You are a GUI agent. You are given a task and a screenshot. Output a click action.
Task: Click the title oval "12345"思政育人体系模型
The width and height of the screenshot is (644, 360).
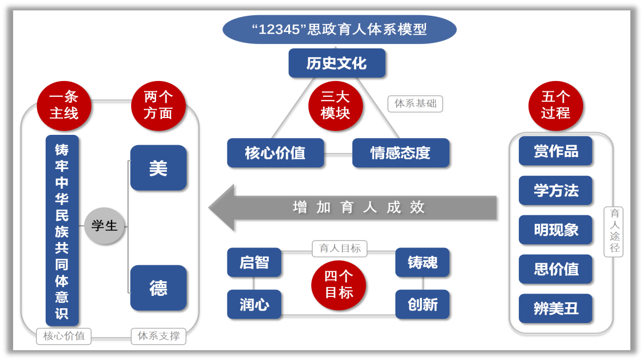click(339, 29)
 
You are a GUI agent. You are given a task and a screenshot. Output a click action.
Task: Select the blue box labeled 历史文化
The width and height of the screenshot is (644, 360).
click(337, 63)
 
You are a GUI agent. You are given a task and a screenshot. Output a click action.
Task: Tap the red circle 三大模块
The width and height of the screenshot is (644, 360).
click(335, 105)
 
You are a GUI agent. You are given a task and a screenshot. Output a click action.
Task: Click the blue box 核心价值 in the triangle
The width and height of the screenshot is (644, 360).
click(275, 153)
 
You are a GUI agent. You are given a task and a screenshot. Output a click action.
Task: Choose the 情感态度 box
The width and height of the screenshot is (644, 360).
click(400, 153)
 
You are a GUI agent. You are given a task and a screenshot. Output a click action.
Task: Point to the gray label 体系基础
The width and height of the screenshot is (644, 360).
click(415, 103)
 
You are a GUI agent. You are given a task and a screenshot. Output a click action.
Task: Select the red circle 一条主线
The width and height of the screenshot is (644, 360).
click(64, 105)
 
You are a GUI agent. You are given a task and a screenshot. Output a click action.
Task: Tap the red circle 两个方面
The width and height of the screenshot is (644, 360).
click(158, 105)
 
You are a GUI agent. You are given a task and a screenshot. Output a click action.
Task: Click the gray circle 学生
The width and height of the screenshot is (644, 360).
click(104, 225)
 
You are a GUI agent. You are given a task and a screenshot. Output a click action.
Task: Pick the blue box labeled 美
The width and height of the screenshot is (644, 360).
click(158, 168)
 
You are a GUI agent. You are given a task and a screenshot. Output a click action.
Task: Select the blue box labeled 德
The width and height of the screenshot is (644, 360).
click(158, 288)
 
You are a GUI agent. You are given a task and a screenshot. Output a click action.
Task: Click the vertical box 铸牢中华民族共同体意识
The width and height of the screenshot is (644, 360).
click(62, 230)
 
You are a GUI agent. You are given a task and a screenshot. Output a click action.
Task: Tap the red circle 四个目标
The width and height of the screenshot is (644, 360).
click(338, 284)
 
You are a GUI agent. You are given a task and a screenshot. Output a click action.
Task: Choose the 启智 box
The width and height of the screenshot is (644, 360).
click(254, 262)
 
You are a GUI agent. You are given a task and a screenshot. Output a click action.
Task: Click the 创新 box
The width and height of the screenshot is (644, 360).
click(422, 304)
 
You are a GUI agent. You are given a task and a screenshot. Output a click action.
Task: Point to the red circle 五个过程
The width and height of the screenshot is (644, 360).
click(555, 105)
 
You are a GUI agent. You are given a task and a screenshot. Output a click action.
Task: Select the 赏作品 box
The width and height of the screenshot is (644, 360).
click(555, 151)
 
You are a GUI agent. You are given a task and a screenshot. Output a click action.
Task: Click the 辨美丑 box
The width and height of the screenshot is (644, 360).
click(555, 308)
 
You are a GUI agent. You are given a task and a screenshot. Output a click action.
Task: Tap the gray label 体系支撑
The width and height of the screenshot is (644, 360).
click(158, 336)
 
